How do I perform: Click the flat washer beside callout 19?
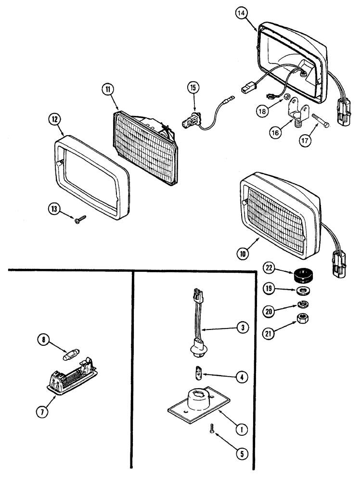[303, 291]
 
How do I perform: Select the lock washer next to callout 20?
[303, 304]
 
